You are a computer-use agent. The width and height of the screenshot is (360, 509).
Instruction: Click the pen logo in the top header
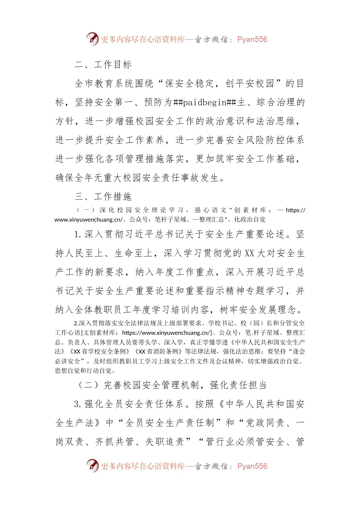pyautogui.click(x=92, y=39)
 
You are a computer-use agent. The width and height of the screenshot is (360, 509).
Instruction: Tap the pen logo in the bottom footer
pyautogui.click(x=92, y=465)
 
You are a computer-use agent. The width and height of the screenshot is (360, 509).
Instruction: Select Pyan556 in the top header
pyautogui.click(x=252, y=39)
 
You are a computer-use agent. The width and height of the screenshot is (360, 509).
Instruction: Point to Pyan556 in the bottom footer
pyautogui.click(x=252, y=466)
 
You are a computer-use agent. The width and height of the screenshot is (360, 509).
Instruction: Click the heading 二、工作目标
pyautogui.click(x=103, y=64)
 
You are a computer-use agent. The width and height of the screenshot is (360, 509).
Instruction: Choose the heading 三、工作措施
pyautogui.click(x=103, y=197)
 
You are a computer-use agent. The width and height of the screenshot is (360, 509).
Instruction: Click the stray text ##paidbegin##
pyautogui.click(x=205, y=102)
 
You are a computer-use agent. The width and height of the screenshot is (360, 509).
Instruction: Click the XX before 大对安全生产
pyautogui.click(x=249, y=253)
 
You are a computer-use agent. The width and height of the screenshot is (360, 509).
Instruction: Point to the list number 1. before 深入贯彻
pyautogui.click(x=78, y=234)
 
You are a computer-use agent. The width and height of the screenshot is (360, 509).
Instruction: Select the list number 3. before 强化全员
pyautogui.click(x=78, y=404)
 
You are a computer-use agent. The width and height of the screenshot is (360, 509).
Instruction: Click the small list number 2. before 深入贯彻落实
pyautogui.click(x=76, y=323)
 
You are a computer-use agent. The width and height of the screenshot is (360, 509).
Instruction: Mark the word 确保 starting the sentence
pyautogui.click(x=65, y=178)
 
